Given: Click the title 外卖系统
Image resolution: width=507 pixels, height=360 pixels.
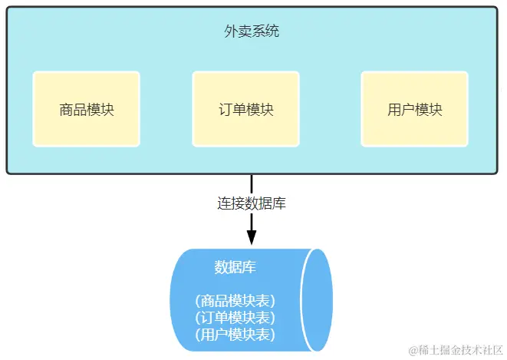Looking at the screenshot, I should pyautogui.click(x=252, y=31).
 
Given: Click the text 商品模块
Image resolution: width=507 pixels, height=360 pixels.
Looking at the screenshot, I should pyautogui.click(x=87, y=109).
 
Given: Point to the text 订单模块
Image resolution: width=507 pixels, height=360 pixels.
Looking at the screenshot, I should pyautogui.click(x=245, y=109).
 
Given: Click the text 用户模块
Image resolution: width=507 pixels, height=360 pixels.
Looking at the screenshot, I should pyautogui.click(x=415, y=109).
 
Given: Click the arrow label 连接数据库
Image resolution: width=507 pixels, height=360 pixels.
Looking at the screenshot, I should pyautogui.click(x=252, y=203).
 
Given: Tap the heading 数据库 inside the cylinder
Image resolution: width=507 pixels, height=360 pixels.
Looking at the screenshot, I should pyautogui.click(x=235, y=268).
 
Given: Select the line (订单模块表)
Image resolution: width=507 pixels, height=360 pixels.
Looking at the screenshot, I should pyautogui.click(x=235, y=317).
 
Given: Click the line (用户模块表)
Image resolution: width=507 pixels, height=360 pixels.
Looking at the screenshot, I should pyautogui.click(x=235, y=334).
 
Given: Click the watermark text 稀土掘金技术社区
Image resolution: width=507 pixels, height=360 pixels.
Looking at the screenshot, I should pyautogui.click(x=459, y=350).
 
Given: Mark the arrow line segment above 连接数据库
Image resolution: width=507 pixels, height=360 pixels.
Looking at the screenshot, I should pyautogui.click(x=252, y=183).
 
